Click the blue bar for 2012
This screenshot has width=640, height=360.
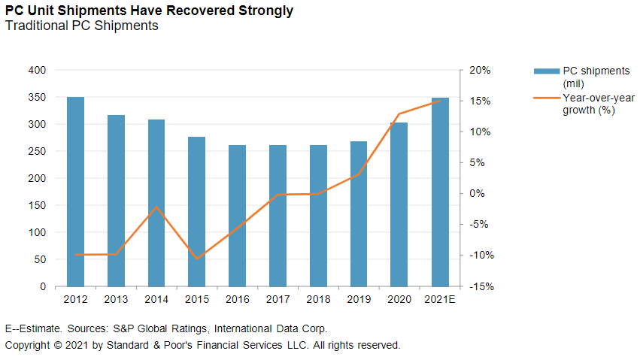click(75, 192)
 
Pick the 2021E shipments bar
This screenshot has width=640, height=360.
click(439, 192)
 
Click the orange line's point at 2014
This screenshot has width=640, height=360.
click(156, 207)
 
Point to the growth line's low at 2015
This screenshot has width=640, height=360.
click(197, 259)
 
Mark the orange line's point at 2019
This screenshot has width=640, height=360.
click(359, 174)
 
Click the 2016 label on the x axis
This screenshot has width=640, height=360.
click(237, 299)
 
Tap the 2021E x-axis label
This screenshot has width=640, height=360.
click(439, 299)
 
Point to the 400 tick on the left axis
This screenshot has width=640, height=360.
click(37, 70)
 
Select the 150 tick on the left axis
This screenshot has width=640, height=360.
click(37, 205)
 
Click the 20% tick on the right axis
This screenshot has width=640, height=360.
click(480, 70)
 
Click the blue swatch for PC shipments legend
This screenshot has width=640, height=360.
click(547, 71)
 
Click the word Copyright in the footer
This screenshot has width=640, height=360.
click(28, 345)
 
